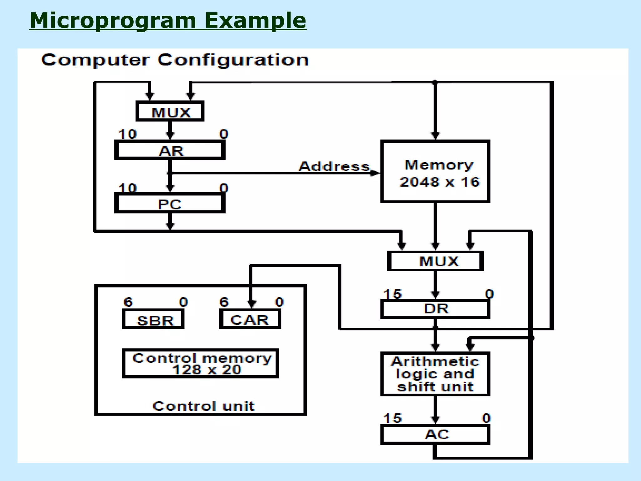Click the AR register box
click(170, 150)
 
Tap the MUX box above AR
click(170, 111)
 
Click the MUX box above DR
click(435, 261)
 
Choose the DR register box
click(435, 309)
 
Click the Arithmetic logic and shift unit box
click(435, 374)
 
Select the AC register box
click(435, 435)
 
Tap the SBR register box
click(153, 319)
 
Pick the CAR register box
click(250, 319)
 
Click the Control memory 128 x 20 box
click(200, 364)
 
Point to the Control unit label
click(203, 406)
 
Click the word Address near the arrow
click(334, 166)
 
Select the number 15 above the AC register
click(392, 418)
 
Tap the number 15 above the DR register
click(392, 294)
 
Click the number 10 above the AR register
click(127, 134)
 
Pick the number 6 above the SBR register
click(128, 302)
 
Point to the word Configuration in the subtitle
click(233, 60)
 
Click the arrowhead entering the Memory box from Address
click(376, 173)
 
